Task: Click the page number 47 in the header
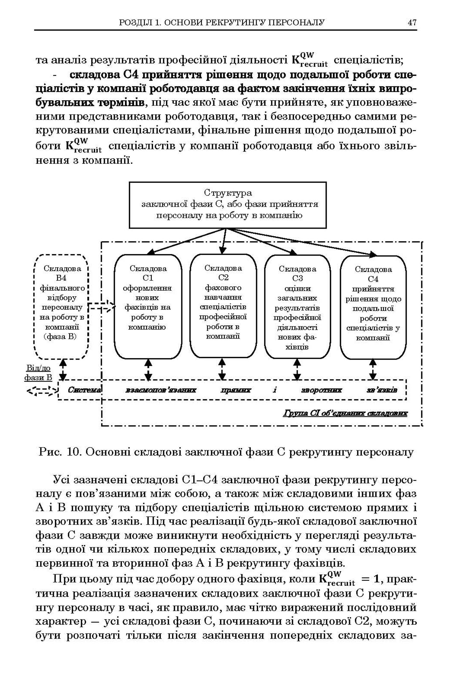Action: (412, 23)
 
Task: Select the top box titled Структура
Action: (227, 205)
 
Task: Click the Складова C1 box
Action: (148, 307)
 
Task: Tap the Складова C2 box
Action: (223, 306)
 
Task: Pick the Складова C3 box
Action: (297, 307)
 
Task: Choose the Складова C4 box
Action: (373, 307)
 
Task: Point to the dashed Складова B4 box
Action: (61, 307)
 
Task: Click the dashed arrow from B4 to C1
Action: (102, 307)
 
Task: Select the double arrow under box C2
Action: (222, 369)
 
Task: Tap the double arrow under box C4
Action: (373, 369)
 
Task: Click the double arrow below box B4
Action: (63, 369)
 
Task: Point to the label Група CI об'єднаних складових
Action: (345, 413)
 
